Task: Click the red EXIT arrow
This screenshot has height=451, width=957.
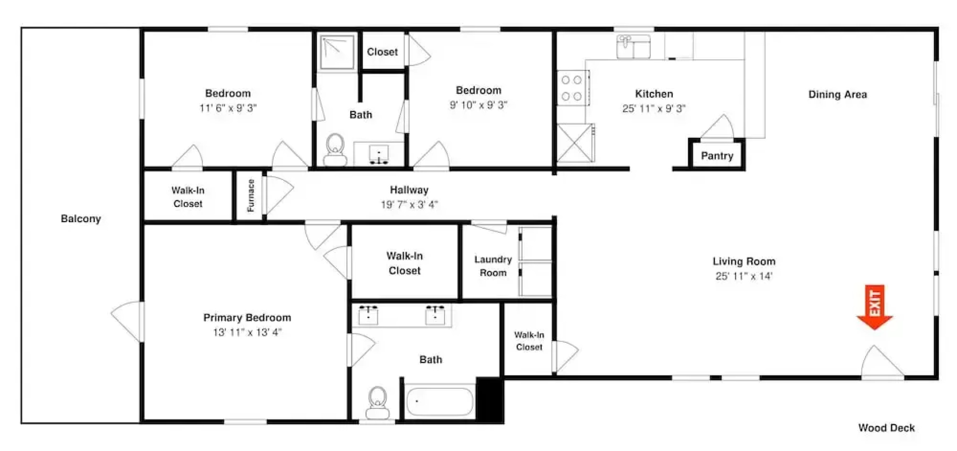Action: point(875,307)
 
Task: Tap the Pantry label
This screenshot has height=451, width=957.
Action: point(717,156)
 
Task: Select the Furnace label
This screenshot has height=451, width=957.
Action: point(250,195)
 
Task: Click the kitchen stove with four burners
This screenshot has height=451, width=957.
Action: point(573,88)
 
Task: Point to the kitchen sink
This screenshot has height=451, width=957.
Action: point(634,46)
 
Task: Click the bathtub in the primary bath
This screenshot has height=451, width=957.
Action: point(440,402)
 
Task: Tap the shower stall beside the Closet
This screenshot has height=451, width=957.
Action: point(337,52)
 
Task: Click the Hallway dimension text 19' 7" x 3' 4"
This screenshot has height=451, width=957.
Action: point(409,205)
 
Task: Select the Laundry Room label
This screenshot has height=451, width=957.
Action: point(493,266)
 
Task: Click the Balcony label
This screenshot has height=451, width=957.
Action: point(81,219)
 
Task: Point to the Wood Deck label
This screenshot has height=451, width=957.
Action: point(886,428)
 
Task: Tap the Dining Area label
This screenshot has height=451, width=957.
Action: point(838,94)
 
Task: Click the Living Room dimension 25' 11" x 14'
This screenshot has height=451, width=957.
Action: point(744,276)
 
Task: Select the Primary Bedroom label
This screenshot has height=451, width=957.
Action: point(247,318)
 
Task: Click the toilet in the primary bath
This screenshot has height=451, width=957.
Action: point(377,403)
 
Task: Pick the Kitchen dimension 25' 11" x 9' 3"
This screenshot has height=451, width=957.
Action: point(654,109)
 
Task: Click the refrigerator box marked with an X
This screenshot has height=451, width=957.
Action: point(575,143)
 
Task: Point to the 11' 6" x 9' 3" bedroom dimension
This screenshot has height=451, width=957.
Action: point(228,108)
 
